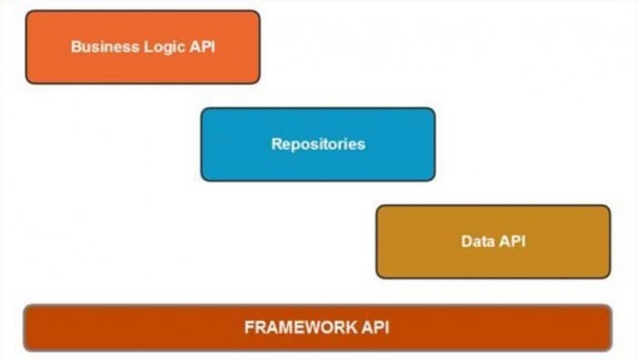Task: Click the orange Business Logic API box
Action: tap(142, 47)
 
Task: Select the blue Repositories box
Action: tap(318, 144)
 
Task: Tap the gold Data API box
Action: tap(493, 242)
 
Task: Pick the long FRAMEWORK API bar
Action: tap(317, 327)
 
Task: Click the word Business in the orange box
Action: tap(102, 47)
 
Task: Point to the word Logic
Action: tap(161, 47)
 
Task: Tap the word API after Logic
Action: tap(201, 47)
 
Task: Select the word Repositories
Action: tap(318, 144)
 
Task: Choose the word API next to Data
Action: tap(511, 242)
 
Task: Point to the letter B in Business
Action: tap(76, 47)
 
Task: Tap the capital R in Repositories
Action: tap(276, 144)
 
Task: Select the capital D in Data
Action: tap(466, 242)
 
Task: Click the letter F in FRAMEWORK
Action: tap(249, 327)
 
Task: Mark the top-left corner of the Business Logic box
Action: tap(27, 13)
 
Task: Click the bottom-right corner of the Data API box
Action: tap(609, 276)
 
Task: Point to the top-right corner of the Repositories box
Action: tap(434, 109)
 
